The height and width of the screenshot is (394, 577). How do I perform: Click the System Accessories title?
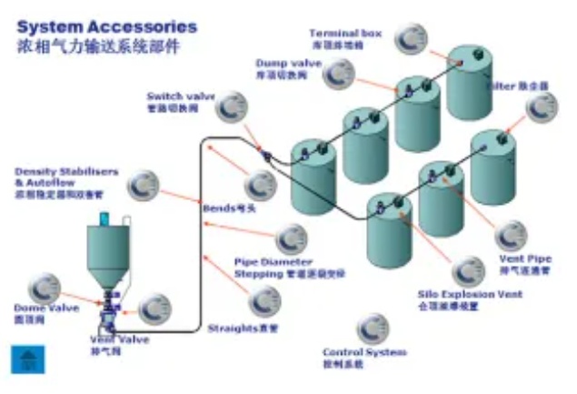(x=106, y=26)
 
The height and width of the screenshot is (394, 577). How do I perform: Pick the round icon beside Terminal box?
(x=417, y=37)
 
